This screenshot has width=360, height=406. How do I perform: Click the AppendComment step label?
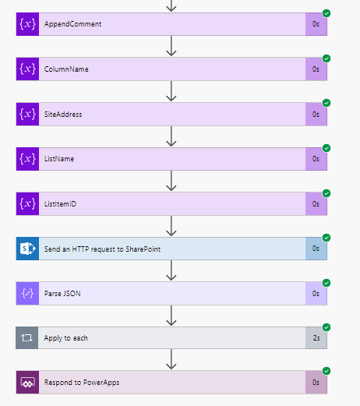72,24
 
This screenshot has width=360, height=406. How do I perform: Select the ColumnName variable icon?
27,69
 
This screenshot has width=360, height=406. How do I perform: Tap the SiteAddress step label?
63,114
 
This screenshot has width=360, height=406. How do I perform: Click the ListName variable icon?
27,159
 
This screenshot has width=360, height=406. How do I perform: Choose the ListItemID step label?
61,204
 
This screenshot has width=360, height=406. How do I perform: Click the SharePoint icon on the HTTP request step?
27,249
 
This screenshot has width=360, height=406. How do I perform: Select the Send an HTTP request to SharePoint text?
101,249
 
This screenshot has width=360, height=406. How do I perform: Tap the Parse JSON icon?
27,294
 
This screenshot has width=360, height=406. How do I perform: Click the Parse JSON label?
62,294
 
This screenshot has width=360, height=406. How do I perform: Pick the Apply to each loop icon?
27,338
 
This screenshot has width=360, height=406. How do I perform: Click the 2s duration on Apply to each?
316,338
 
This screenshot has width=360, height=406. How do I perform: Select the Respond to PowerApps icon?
27,383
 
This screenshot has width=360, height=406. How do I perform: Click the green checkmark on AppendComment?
326,13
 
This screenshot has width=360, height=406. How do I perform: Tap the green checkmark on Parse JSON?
326,282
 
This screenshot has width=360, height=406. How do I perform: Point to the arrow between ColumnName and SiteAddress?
171,92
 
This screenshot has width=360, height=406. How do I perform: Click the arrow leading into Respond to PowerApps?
171,361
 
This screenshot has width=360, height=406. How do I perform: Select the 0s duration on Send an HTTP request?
316,249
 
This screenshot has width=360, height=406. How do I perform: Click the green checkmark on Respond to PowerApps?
326,372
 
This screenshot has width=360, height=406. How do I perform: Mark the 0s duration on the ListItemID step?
316,204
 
